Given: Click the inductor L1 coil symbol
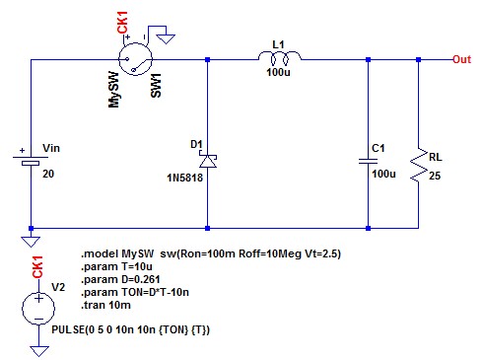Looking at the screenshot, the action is coord(279,57).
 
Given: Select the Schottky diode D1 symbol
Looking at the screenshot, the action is coord(208,161).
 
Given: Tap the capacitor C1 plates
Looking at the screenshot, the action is coord(368,161).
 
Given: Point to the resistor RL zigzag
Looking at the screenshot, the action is coord(419,165).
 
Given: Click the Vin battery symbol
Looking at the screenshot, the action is coord(31,160).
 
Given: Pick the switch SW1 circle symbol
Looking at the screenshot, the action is coord(135,59).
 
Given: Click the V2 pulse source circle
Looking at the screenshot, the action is coord(38,309).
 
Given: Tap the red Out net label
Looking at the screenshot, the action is coord(461,59).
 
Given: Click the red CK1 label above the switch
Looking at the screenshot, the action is coord(122,22).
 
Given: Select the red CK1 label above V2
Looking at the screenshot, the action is coord(37,267).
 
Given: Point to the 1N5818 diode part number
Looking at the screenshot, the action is coord(184,178).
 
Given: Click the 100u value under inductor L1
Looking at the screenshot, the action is coord(278,72).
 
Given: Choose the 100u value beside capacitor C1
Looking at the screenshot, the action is coord(383,174).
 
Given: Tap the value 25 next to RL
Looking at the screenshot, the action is coord(435,176).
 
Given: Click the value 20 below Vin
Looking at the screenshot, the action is coord(48,174).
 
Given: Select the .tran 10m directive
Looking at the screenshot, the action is coord(105,305).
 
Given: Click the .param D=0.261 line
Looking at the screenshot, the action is coord(120,279).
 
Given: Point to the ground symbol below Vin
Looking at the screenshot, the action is coord(31,242).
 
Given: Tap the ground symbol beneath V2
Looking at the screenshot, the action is coord(38,351).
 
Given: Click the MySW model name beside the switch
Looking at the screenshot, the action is coord(113,90).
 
